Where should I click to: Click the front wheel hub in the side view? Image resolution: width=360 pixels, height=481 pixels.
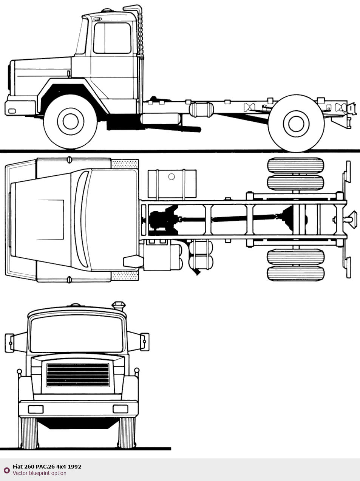71,121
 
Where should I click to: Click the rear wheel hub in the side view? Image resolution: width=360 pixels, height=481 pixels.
296,124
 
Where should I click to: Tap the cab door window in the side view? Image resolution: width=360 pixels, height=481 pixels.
112,38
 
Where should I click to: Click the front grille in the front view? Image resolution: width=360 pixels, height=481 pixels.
78,375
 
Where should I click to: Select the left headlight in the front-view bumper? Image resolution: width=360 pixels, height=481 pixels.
36,409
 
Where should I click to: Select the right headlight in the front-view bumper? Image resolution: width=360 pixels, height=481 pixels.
121,409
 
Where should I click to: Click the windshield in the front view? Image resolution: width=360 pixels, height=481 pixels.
76,334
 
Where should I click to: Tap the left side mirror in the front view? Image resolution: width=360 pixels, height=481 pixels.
9,343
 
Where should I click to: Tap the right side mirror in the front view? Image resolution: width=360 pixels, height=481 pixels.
145,342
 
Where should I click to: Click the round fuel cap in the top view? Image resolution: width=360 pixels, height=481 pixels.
172,176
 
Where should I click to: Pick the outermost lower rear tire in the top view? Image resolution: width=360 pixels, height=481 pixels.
296,274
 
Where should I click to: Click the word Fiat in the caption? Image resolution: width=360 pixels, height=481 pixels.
17,467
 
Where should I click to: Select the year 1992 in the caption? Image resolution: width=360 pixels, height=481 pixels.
74,467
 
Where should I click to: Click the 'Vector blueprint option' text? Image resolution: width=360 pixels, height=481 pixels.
39,473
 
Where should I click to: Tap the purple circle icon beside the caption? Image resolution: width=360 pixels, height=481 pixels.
7,470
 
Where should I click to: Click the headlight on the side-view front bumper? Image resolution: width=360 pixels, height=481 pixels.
12,111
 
